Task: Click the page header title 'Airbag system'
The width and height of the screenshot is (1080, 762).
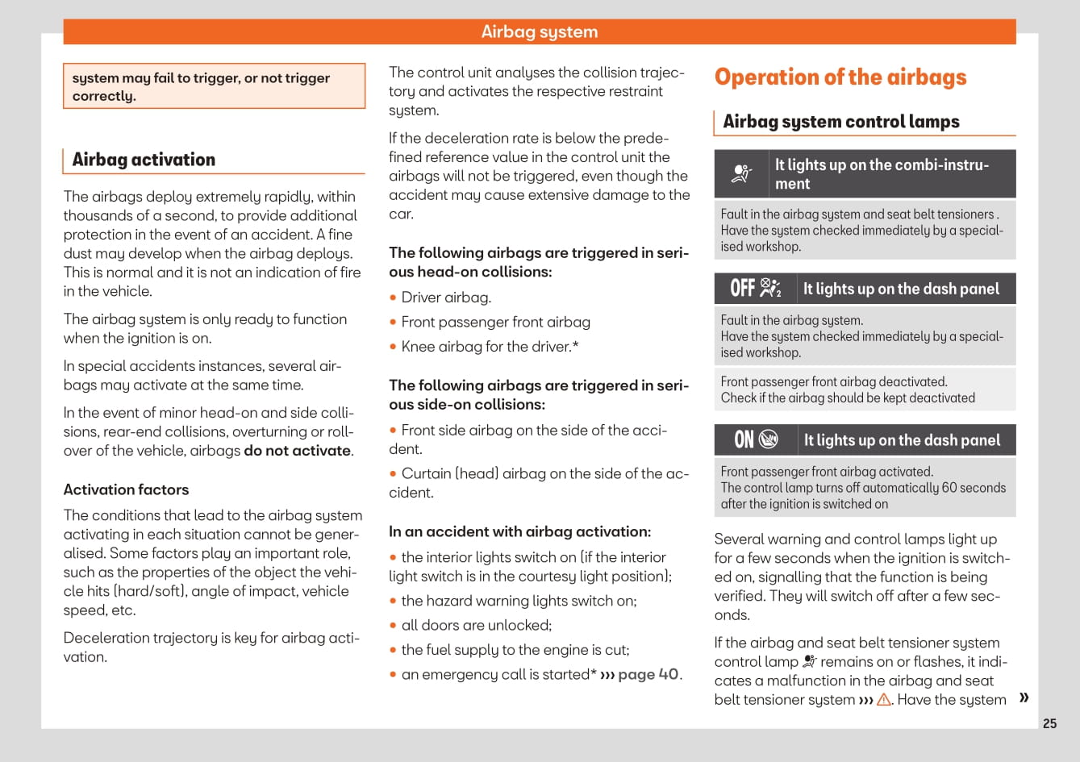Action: click(x=540, y=31)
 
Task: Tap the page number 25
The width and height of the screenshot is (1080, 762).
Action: click(x=1049, y=723)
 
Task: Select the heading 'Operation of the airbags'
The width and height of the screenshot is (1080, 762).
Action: click(x=840, y=77)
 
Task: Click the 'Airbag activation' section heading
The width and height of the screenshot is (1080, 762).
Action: click(x=144, y=160)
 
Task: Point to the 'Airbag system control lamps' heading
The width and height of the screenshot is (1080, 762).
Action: click(x=840, y=122)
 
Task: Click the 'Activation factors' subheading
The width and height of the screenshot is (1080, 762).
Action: click(x=126, y=489)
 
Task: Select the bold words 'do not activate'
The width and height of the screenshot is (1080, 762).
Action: click(x=298, y=451)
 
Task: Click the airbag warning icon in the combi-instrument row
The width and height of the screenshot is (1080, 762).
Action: click(x=741, y=173)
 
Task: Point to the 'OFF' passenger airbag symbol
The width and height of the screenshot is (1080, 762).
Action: click(x=756, y=288)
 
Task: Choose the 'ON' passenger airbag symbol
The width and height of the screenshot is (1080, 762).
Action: click(x=756, y=439)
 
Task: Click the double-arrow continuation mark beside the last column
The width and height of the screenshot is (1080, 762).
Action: click(x=1024, y=697)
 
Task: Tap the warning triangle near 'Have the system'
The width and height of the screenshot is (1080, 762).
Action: click(x=884, y=700)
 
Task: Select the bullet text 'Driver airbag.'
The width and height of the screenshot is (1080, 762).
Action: click(x=446, y=298)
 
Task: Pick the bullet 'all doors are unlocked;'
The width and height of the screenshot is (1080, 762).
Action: click(x=476, y=625)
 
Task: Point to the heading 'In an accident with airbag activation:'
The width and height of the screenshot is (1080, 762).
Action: click(x=519, y=531)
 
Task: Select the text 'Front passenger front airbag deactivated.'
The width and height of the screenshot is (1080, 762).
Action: click(x=834, y=382)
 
